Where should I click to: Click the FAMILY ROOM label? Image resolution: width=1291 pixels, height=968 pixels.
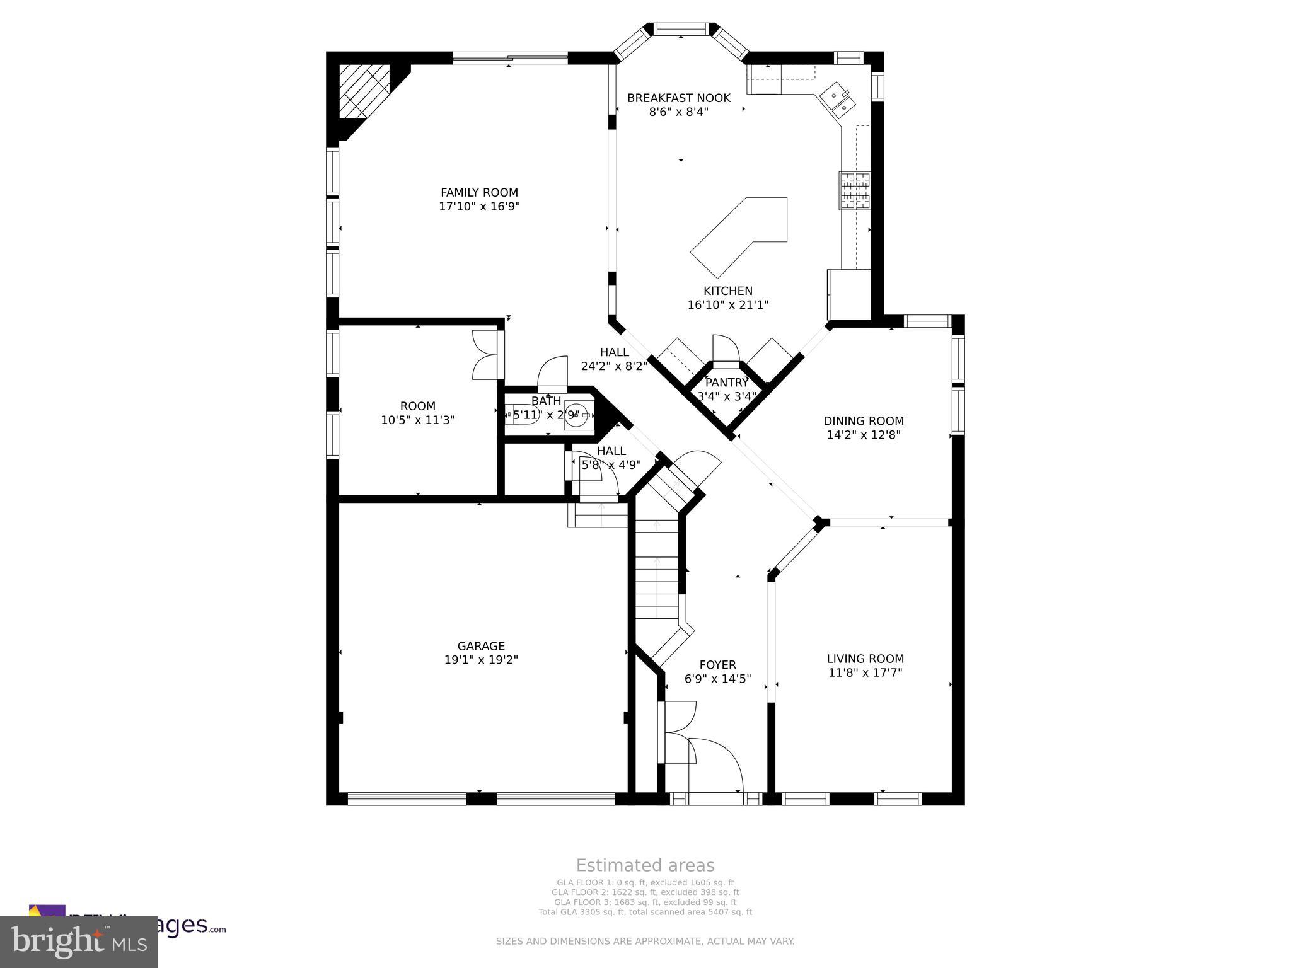coord(479,193)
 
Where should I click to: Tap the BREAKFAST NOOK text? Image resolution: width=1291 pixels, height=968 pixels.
coord(679,98)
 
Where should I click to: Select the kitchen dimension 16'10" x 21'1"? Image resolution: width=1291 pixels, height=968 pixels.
coord(727,305)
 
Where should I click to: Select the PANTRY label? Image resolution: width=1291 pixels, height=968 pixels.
coord(727,383)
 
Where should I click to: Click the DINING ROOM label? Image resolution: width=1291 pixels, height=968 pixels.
coord(863,421)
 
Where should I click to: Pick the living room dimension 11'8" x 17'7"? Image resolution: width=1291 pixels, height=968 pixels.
coord(865,672)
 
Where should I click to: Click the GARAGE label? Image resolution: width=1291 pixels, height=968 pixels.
coord(481,646)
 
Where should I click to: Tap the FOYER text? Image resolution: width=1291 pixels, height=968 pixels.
coord(717,665)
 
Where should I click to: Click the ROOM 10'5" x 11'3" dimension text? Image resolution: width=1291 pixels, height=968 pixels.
coord(417,420)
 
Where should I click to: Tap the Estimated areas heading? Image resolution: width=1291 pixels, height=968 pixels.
coord(645,865)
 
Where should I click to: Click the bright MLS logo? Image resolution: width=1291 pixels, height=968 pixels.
coord(79,942)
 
